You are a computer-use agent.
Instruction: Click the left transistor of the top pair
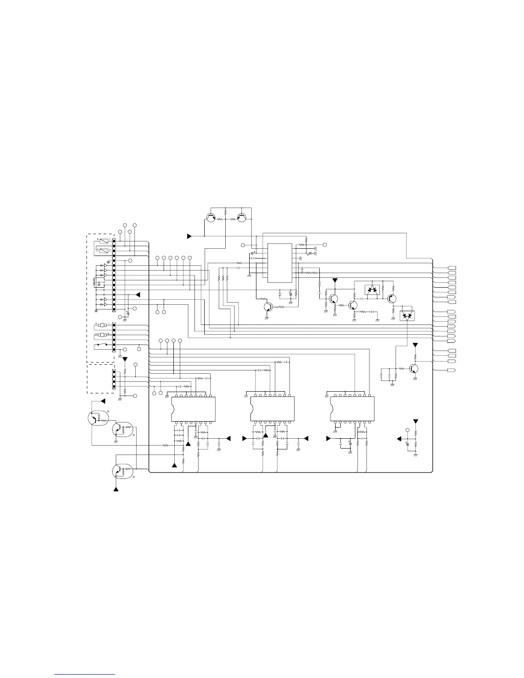211,217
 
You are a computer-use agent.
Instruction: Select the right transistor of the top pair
241,217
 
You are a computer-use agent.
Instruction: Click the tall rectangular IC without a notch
280,263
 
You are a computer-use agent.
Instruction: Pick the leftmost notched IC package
193,409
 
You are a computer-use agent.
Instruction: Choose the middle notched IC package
272,409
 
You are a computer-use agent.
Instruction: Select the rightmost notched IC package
352,409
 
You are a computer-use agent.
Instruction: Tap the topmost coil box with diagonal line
102,241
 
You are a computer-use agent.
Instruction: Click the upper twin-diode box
372,290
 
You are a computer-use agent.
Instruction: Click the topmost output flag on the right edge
451,268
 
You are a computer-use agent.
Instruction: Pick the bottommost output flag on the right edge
451,370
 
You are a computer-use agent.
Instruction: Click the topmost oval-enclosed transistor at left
97,418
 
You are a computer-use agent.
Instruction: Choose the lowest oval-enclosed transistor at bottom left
121,471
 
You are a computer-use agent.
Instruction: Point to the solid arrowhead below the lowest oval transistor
116,489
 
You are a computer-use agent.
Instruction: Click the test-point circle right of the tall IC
325,245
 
